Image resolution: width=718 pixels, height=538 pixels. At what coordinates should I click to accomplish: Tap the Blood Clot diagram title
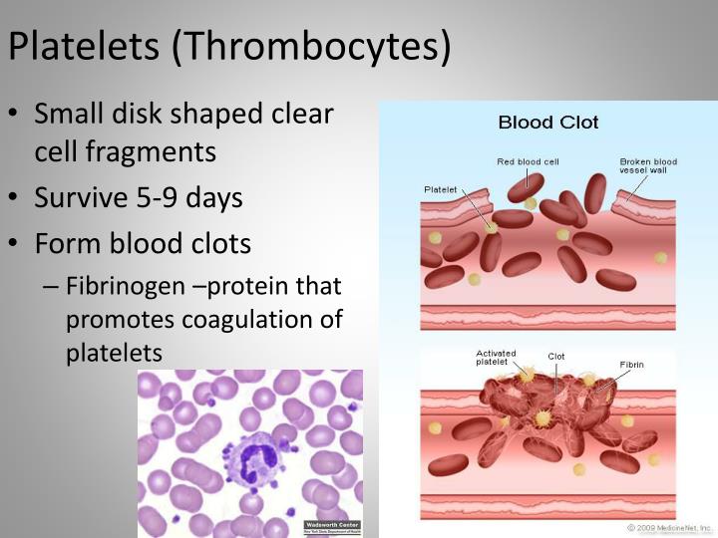(x=548, y=123)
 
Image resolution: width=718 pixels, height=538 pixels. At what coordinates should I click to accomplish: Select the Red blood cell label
(x=528, y=161)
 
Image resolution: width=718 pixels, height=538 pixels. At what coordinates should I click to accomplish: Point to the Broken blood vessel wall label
(x=648, y=166)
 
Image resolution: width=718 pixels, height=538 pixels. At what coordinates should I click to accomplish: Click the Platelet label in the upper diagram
(x=440, y=186)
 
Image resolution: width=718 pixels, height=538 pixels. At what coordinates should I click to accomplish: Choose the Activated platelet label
(x=496, y=358)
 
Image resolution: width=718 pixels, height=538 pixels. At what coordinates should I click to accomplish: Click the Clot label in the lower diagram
(x=555, y=356)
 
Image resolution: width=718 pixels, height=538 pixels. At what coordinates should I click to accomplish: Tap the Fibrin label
(x=631, y=364)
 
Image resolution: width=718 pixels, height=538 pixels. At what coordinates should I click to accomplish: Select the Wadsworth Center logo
(x=332, y=527)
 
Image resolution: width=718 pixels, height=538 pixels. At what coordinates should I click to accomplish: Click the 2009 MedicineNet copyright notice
(x=669, y=527)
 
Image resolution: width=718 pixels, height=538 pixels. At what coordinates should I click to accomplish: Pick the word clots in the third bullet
(x=216, y=244)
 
